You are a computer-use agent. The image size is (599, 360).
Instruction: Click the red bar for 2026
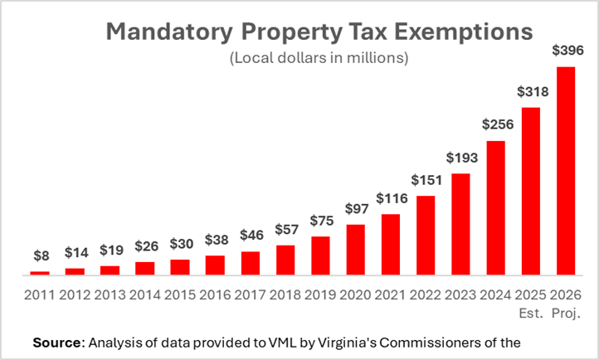(x=566, y=170)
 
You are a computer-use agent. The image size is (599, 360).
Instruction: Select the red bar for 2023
(x=460, y=224)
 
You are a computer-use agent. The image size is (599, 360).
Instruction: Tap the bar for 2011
(x=40, y=273)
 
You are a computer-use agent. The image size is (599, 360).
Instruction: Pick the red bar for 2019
(x=320, y=255)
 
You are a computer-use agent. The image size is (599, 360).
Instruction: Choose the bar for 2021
(x=391, y=245)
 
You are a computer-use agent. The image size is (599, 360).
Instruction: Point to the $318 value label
(x=531, y=92)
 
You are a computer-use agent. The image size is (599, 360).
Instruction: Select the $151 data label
(x=426, y=181)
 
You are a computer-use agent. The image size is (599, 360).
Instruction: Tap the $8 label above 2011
(x=40, y=256)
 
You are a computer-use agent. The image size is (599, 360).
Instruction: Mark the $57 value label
(x=285, y=230)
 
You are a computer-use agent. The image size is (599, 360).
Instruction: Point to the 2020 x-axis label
(x=355, y=295)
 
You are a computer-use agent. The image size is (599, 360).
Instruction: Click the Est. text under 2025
(x=531, y=314)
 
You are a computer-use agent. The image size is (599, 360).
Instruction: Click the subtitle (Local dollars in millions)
(x=318, y=60)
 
